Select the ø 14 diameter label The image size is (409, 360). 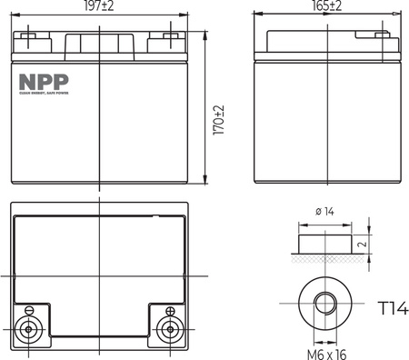pyautogui.click(x=324, y=213)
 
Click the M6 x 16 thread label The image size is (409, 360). pyautogui.click(x=325, y=351)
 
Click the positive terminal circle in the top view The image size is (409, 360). pyautogui.click(x=168, y=329)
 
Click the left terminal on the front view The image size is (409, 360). pyautogui.click(x=30, y=39)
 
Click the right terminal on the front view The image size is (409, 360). pyautogui.click(x=168, y=39)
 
